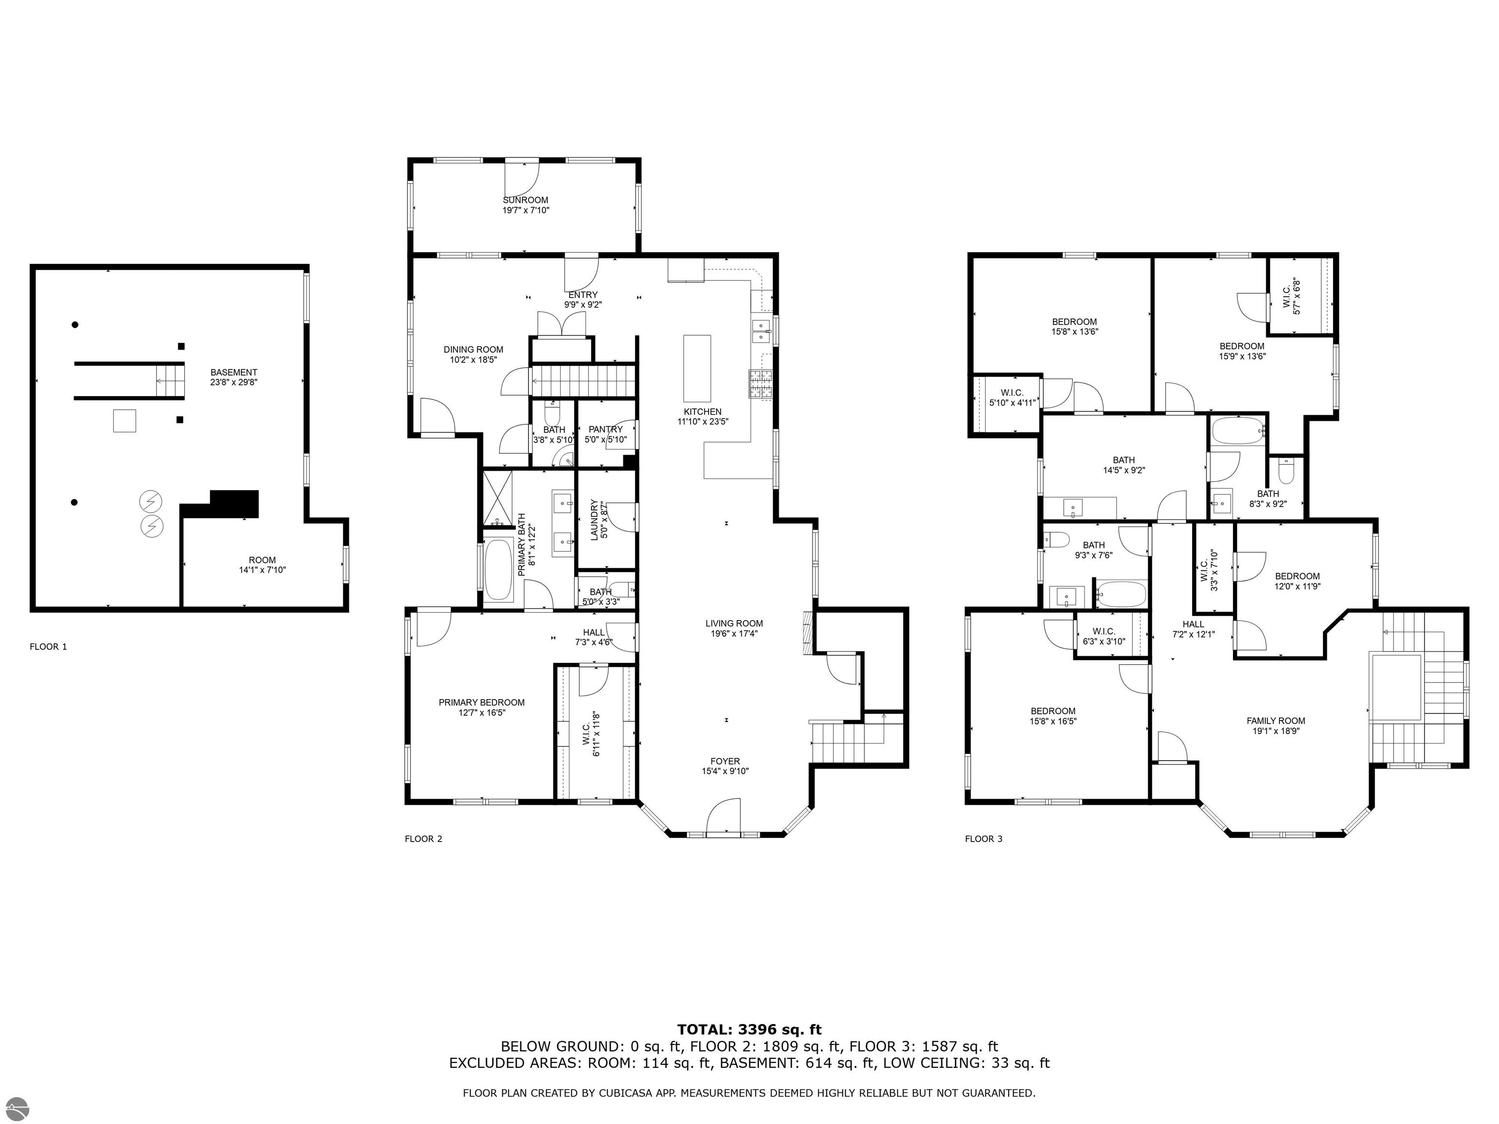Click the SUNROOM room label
tap(525, 201)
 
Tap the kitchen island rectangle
tap(697, 368)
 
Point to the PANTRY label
tap(605, 429)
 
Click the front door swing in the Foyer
tap(723, 816)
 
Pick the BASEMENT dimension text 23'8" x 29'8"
tap(234, 382)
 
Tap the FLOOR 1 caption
tap(48, 646)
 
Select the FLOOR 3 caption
tap(983, 839)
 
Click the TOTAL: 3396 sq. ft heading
tap(749, 1030)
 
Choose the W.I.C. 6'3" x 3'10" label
tap(1104, 636)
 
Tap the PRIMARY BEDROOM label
tap(481, 702)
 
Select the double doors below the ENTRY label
tap(562, 324)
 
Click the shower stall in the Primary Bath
tap(497, 499)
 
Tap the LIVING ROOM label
tap(734, 623)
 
